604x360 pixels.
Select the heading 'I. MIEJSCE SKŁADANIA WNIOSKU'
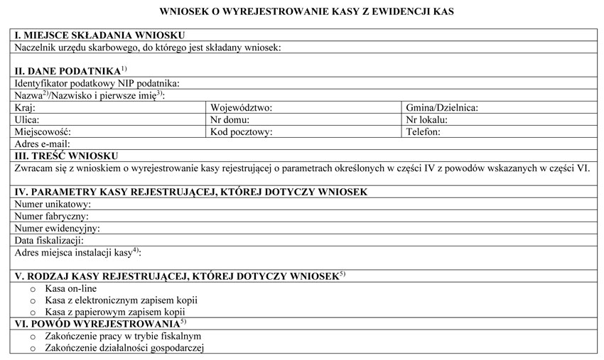tap(99, 36)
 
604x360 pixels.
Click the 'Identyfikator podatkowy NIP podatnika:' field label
tap(97, 84)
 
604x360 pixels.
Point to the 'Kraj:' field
tap(25, 108)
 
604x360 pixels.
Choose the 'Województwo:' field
tap(242, 108)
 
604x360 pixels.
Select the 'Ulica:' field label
tap(27, 120)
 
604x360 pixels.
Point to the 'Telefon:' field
tap(424, 132)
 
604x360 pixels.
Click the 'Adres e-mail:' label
tap(42, 144)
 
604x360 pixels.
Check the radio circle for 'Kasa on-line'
tap(32, 289)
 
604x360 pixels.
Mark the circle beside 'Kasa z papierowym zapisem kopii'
tap(32, 312)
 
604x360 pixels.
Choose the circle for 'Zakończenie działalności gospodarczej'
tap(32, 348)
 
